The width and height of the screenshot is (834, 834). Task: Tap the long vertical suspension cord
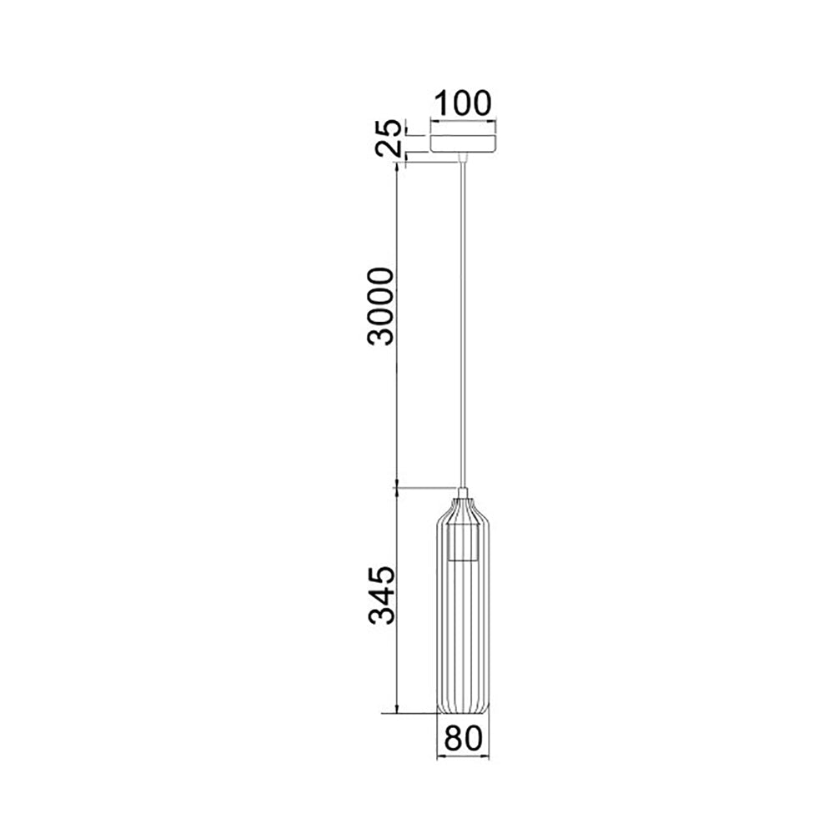click(463, 317)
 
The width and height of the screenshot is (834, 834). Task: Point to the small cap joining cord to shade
click(463, 491)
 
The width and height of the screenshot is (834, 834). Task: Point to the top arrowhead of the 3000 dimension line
click(397, 167)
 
